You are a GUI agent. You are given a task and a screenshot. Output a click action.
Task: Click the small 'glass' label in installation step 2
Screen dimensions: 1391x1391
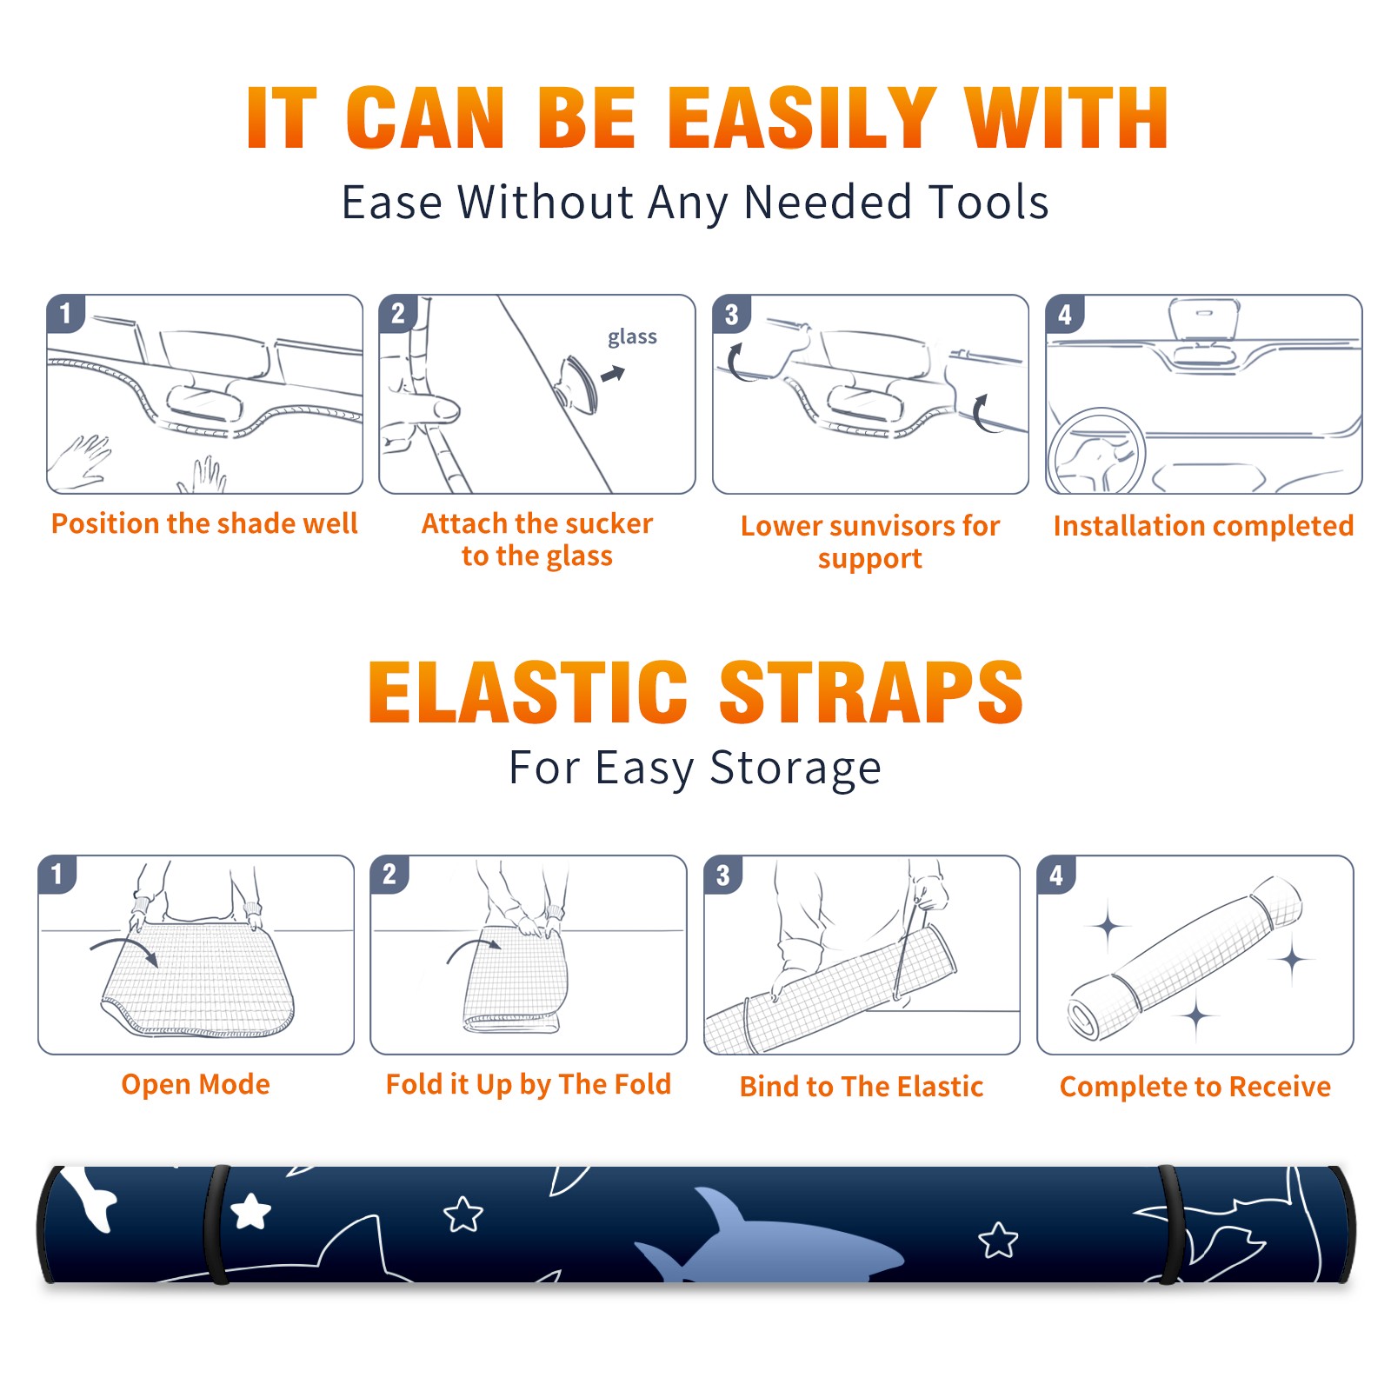632,337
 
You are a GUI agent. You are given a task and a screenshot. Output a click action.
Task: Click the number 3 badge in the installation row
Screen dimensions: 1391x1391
731,314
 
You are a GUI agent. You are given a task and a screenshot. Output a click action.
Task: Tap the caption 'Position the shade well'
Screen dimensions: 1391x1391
204,523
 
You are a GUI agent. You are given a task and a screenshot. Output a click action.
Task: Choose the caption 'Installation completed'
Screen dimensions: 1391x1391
1203,526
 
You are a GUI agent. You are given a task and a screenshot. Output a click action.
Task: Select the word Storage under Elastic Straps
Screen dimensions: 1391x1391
795,769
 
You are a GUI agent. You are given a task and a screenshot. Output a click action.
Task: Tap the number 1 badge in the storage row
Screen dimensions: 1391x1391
57,874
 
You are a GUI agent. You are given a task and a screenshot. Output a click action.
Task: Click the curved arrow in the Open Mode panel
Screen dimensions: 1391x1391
125,948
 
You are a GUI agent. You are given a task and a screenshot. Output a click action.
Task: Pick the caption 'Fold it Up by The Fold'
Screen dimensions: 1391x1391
529,1084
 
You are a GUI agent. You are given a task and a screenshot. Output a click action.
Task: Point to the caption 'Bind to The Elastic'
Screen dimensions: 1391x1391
861,1087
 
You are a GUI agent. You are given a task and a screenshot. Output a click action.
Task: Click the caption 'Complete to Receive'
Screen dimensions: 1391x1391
1195,1087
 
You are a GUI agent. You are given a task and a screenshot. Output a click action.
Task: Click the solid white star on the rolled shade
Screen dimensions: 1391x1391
251,1210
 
